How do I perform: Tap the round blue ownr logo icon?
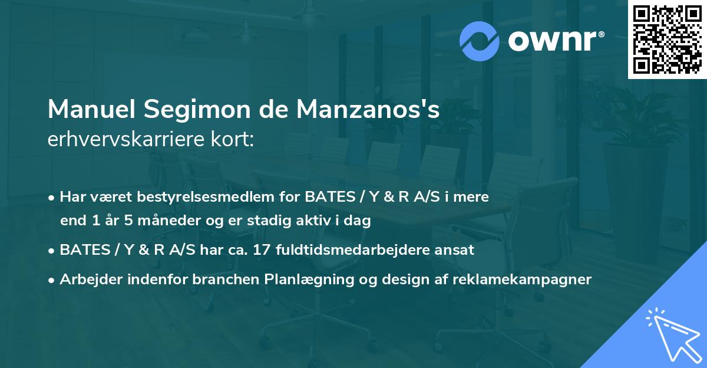480,41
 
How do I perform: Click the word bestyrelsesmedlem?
184,197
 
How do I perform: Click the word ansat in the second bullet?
455,249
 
